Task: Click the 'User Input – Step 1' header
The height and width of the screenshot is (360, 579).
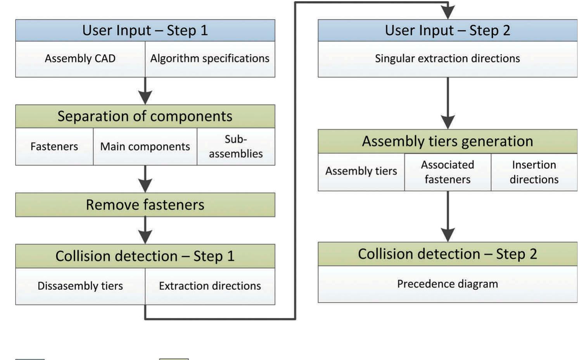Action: pos(145,30)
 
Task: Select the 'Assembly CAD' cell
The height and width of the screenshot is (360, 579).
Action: pos(80,59)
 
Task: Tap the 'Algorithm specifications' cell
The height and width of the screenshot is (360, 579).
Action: pos(210,59)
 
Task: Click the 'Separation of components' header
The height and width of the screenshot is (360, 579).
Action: pos(145,116)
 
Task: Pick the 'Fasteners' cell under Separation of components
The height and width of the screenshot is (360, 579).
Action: pos(54,146)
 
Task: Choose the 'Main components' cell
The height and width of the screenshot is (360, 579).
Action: pos(145,146)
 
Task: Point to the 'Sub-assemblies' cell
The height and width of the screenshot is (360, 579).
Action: pos(236,146)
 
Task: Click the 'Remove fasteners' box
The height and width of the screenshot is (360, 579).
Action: pos(145,205)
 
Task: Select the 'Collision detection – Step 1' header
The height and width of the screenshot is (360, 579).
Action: pos(145,256)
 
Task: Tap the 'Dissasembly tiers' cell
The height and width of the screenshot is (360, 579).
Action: pos(80,286)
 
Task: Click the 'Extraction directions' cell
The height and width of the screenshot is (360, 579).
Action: pos(210,286)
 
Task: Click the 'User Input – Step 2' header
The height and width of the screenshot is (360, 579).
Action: pos(448,30)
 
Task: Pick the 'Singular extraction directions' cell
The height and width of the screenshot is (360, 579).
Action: pos(448,59)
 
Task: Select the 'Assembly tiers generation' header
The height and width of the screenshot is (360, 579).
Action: pos(448,141)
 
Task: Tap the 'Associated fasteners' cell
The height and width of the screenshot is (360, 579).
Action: pos(448,172)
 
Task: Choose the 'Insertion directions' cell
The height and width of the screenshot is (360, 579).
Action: pos(534,172)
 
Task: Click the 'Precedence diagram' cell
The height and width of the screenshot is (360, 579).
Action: pos(448,284)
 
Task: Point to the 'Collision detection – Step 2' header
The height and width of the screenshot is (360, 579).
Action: pos(448,254)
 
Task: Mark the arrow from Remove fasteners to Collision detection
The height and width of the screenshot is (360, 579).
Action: pos(145,231)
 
